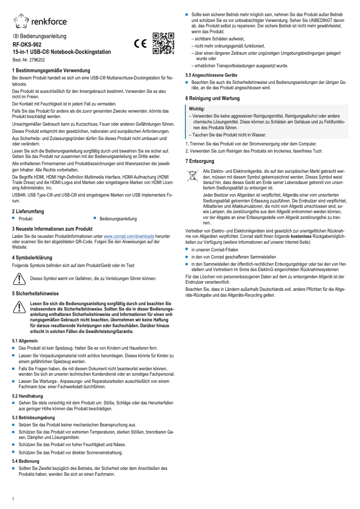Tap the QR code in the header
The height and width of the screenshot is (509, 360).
pyautogui.click(x=162, y=44)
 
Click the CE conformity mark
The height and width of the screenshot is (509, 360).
pyautogui.click(x=140, y=44)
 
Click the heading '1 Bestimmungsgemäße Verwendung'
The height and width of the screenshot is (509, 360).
pyautogui.click(x=51, y=71)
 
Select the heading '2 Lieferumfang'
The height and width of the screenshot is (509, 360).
pyautogui.click(x=30, y=211)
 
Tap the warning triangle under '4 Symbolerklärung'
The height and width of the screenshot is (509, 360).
pyautogui.click(x=19, y=279)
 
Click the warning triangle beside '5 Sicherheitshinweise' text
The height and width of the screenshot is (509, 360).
pyautogui.click(x=19, y=307)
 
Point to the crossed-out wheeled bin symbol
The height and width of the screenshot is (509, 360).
pyautogui.click(x=192, y=176)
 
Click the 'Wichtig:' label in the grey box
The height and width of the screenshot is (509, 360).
pyautogui.click(x=198, y=109)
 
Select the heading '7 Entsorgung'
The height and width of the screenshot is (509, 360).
pyautogui.click(x=200, y=161)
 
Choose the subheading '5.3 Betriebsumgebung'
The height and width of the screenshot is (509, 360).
pyautogui.click(x=33, y=417)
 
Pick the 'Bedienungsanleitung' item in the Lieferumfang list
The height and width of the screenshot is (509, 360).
pyautogui.click(x=118, y=219)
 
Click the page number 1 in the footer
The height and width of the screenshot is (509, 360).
pyautogui.click(x=13, y=499)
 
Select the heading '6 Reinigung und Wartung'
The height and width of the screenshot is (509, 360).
pyautogui.click(x=212, y=98)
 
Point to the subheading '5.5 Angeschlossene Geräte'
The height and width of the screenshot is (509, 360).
pyautogui.click(x=211, y=75)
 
